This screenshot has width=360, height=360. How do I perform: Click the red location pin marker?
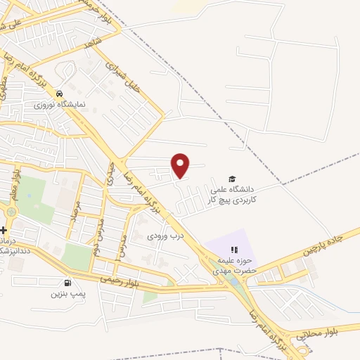point(181,165)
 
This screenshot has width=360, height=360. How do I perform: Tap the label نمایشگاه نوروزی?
point(60,104)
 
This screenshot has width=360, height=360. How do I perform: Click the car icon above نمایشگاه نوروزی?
point(60,94)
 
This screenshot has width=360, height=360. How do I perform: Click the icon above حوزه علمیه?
point(235,250)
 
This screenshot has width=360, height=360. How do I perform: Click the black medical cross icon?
point(4,230)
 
